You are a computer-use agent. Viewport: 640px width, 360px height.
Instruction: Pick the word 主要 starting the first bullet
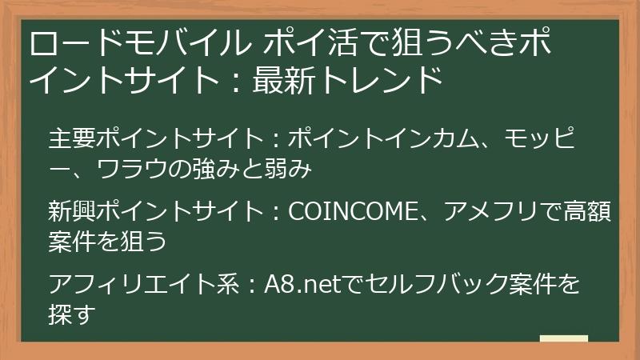[x=70, y=138]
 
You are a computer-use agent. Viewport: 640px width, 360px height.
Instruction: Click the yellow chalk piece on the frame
[x=564, y=339]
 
